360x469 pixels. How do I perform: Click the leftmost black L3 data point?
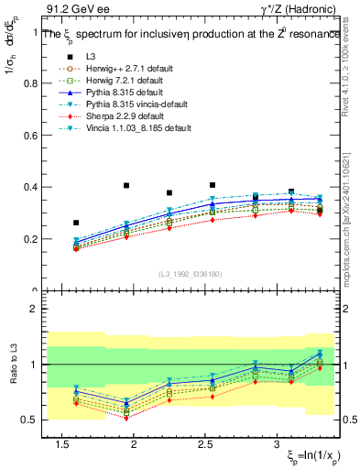pos(76,223)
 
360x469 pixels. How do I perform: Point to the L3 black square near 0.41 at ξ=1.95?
pos(126,185)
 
